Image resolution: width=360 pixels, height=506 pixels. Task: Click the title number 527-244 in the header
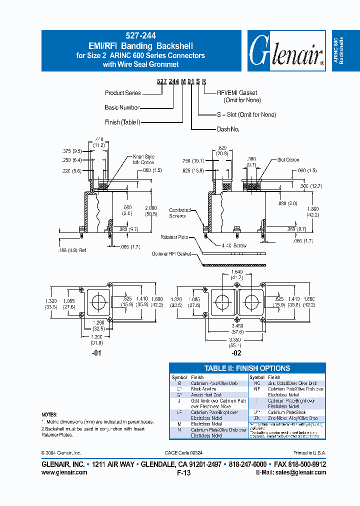[140, 36]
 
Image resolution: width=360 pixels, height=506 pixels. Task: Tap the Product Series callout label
[122, 93]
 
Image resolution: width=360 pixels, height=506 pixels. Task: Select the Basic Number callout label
[122, 107]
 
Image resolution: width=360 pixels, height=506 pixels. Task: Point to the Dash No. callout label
[228, 129]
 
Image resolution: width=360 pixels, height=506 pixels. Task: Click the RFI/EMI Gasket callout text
[237, 93]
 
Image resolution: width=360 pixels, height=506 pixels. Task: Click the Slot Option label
[288, 160]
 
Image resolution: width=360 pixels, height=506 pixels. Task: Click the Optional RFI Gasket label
[171, 254]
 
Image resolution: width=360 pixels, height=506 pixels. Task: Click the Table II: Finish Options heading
[247, 368]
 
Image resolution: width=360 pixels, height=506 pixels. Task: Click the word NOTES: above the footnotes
[49, 415]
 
